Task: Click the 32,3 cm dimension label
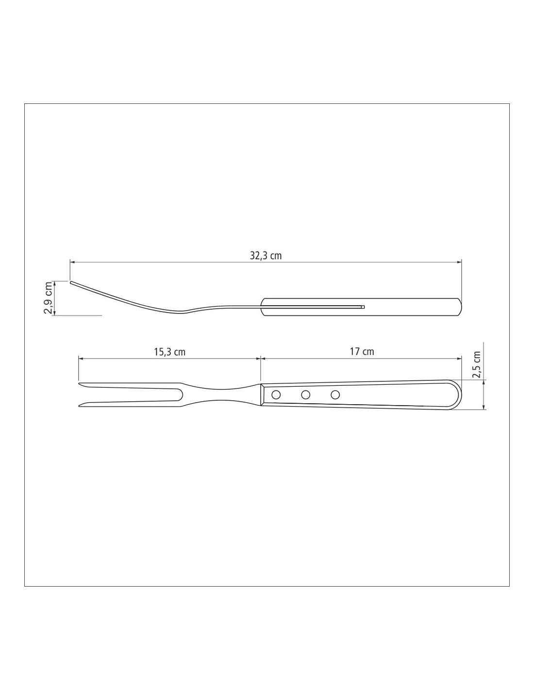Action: [266, 256]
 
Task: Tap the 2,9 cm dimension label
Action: [48, 297]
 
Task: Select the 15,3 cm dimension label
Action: [169, 352]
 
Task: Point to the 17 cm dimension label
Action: [362, 351]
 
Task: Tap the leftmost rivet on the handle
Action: [276, 394]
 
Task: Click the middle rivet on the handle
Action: [306, 394]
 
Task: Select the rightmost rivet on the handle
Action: [335, 394]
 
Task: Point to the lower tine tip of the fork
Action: [79, 406]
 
